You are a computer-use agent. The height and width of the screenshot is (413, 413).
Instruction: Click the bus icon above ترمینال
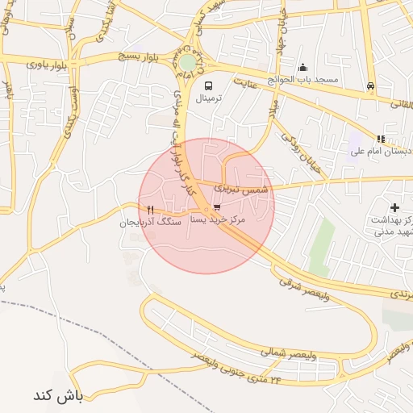tap(209, 86)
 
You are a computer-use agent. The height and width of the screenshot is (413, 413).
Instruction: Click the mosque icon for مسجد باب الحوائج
tap(303, 68)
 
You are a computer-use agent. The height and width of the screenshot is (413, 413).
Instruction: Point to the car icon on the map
tap(370, 86)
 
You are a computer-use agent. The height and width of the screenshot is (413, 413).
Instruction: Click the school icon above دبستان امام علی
tap(381, 139)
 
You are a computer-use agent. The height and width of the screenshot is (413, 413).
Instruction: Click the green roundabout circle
tap(188, 62)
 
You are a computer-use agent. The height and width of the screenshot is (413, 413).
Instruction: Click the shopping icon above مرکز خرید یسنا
tap(217, 207)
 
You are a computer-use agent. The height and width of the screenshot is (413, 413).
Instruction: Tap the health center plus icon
tap(394, 207)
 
